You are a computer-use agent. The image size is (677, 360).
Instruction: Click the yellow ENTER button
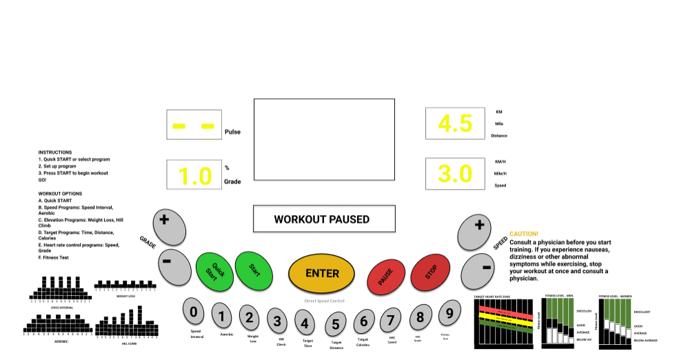pos(322,273)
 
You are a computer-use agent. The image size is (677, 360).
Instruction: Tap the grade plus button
pos(165,223)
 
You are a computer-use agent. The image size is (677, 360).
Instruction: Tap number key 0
pos(194,312)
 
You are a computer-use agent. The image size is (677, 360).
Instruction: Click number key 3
pos(277,320)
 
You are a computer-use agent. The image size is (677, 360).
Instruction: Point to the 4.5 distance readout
pos(455,124)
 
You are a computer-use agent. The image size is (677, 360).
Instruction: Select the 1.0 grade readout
pos(194,176)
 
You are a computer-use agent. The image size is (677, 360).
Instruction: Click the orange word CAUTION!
pos(524,234)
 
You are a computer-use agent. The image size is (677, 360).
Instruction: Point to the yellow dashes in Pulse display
pos(194,126)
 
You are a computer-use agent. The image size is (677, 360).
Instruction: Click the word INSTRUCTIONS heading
pos(54,152)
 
